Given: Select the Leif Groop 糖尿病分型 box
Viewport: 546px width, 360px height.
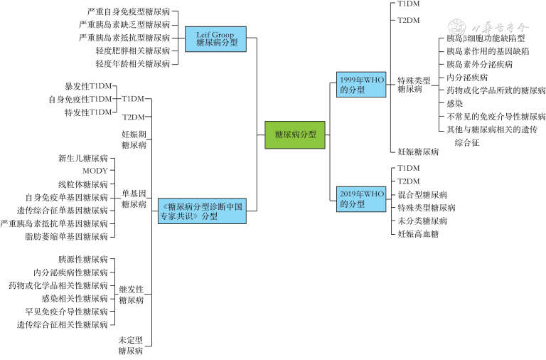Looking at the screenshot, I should coord(215,37).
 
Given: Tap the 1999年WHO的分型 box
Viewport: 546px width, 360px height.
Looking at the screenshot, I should coord(361,85).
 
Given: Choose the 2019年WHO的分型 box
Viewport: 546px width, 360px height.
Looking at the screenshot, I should coord(361,198).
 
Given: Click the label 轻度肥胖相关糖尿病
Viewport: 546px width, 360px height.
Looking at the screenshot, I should coord(132,51).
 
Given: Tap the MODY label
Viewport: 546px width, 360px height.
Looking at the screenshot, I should coord(95,171).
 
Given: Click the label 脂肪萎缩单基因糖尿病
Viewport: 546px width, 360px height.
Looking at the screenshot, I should coord(66,236).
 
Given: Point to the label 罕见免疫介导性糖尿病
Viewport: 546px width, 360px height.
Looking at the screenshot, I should coord(66,312).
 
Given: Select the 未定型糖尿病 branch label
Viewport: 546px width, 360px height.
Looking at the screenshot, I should coord(131,345).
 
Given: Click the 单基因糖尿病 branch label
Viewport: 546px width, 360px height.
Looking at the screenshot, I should coord(134,198).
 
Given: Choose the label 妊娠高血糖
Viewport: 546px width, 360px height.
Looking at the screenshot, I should coord(418,233).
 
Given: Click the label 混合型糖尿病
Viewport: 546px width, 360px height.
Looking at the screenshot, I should coord(422,194).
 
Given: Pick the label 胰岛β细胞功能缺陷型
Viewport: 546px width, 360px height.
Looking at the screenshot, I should coord(486,38).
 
